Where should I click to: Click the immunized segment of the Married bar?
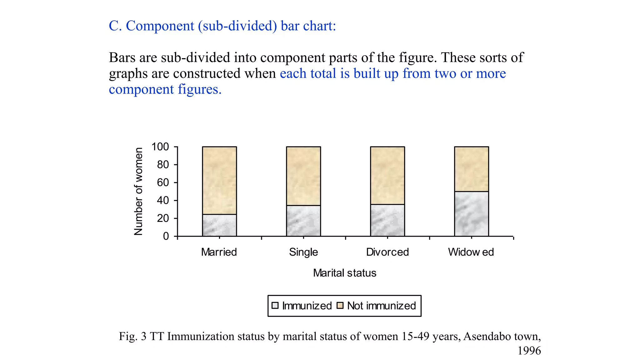[x=219, y=225]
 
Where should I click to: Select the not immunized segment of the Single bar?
[x=303, y=176]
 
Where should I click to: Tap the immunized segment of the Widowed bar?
[x=471, y=214]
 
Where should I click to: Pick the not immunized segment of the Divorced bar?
[x=387, y=175]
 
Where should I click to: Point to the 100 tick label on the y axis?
[x=160, y=147]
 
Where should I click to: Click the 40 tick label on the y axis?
[x=163, y=200]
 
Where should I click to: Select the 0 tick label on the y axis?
[x=166, y=236]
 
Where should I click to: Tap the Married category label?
[x=219, y=252]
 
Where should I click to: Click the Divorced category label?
[x=387, y=252]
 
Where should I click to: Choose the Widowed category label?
[x=471, y=252]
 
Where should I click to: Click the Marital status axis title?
[x=344, y=273]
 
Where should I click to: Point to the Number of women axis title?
[x=138, y=191]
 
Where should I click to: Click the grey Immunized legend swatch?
[x=275, y=305]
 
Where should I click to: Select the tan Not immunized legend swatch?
[x=340, y=305]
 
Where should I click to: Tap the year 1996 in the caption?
[x=529, y=351]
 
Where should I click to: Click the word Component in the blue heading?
[x=160, y=26]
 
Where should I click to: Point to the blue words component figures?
[x=165, y=89]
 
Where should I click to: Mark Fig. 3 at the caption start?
[x=132, y=336]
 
